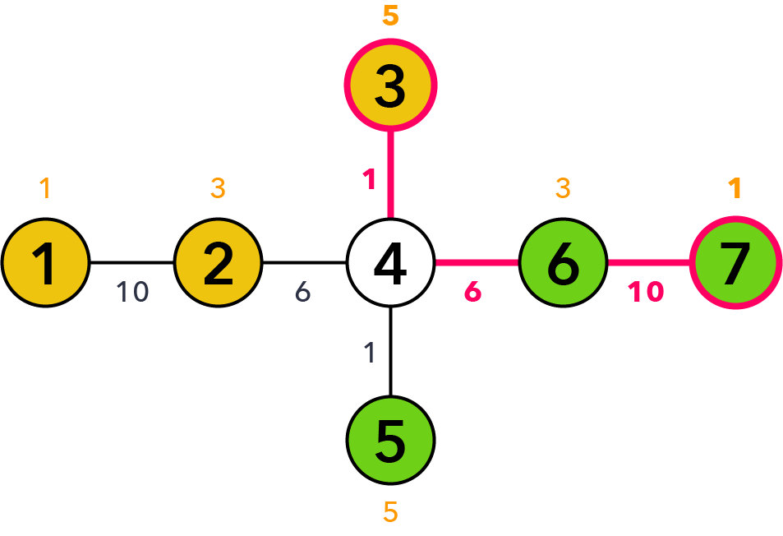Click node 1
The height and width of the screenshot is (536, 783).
tap(45, 263)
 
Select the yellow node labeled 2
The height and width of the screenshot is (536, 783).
tap(218, 263)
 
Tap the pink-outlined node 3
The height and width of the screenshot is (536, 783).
tap(390, 85)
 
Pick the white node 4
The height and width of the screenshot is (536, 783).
tap(390, 263)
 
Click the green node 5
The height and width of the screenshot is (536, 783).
tap(390, 440)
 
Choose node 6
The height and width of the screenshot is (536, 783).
tap(564, 263)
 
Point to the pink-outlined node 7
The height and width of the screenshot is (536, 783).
tap(735, 263)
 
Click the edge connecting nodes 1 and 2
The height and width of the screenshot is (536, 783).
tap(131, 263)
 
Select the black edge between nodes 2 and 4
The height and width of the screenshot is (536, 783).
tap(305, 263)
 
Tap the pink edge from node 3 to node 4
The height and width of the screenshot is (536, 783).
tap(390, 175)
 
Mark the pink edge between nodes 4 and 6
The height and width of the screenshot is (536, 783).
tap(477, 263)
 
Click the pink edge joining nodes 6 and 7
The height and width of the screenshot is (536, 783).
tap(649, 263)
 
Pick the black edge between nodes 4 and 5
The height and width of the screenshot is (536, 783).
tap(390, 352)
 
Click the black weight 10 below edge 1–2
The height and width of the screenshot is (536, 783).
tap(132, 292)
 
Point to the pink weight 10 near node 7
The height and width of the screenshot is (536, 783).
tap(646, 292)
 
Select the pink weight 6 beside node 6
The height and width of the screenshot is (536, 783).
tap(473, 292)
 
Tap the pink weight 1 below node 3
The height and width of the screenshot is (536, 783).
tap(370, 179)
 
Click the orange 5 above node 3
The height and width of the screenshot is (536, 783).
tap(390, 15)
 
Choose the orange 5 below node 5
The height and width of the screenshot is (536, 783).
tap(390, 512)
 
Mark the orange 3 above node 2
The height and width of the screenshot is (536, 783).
tap(218, 188)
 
